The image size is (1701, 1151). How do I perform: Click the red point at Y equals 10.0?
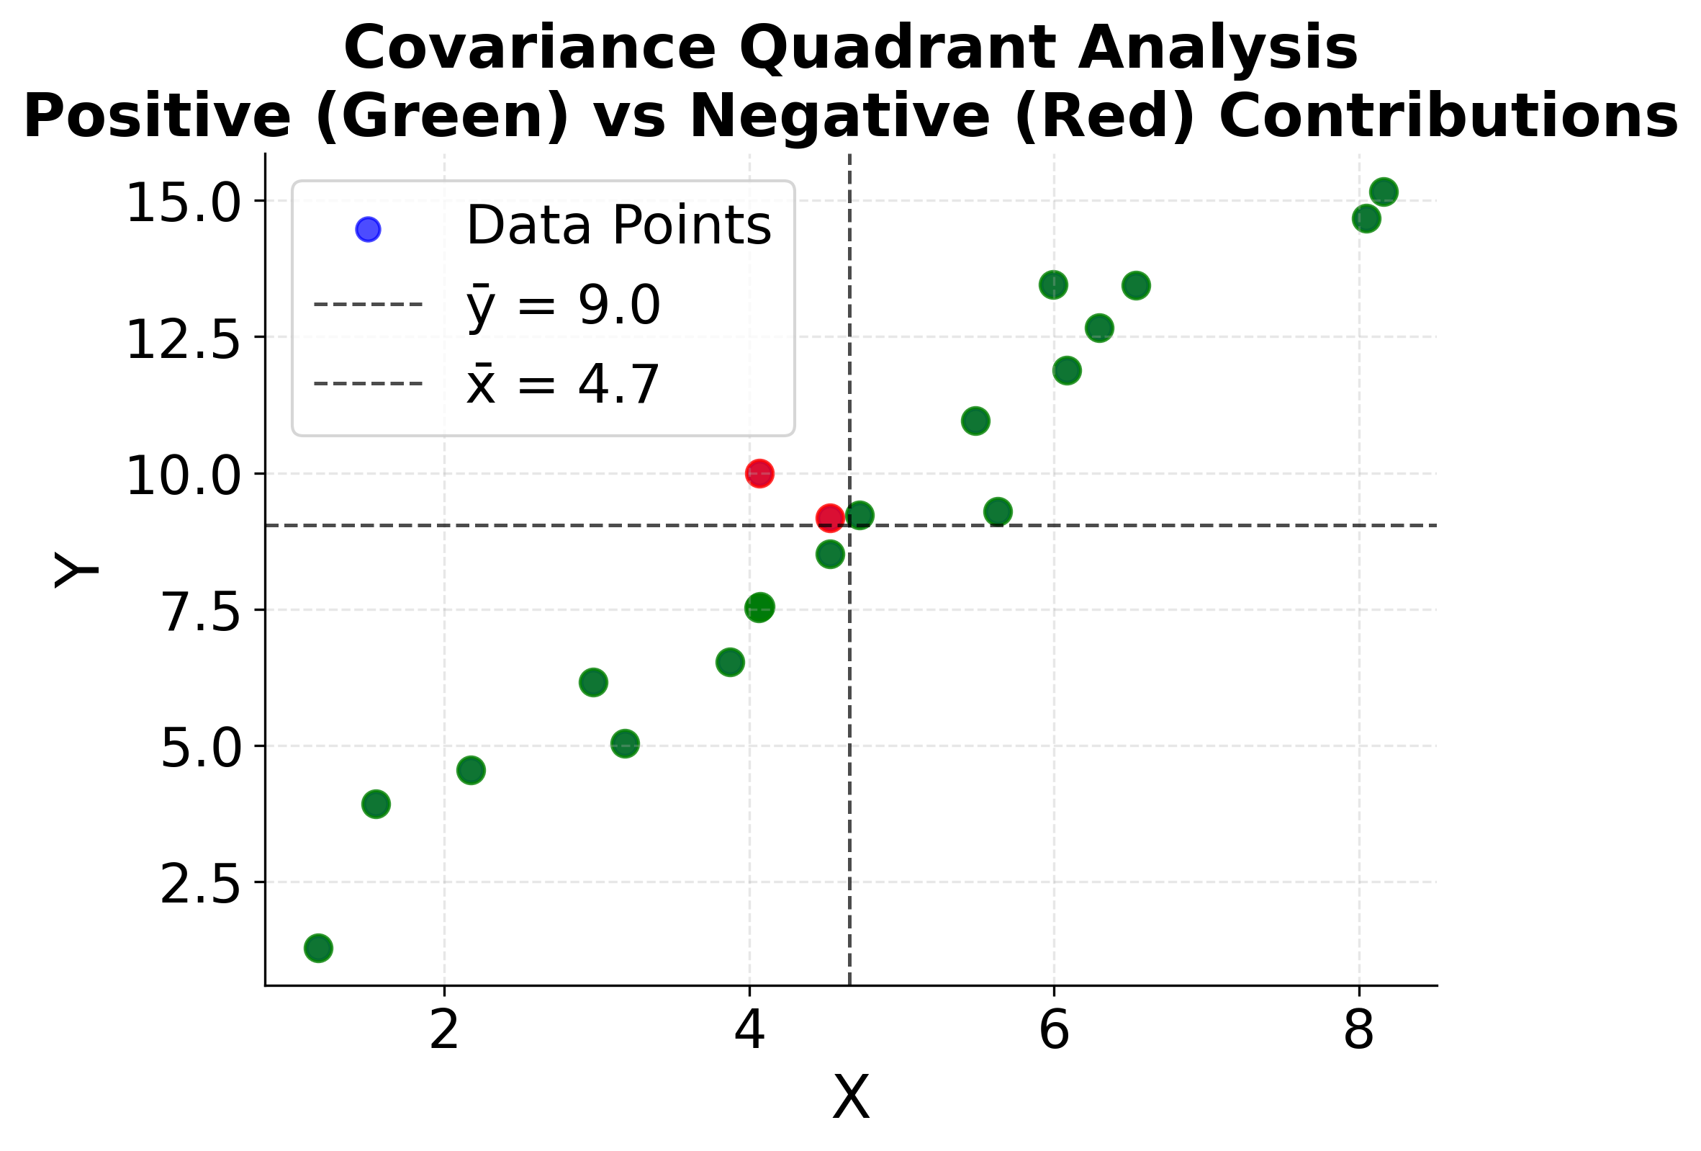759,473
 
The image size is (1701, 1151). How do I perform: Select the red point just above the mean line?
829,519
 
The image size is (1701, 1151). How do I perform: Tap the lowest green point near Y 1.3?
317,948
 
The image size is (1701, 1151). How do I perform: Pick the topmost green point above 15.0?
1384,192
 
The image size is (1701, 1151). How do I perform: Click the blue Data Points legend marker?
367,229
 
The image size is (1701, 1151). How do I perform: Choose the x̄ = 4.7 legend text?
564,385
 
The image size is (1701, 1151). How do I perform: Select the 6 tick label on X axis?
1054,1031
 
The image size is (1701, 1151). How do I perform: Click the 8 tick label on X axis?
1358,1031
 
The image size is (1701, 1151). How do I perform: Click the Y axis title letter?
76,570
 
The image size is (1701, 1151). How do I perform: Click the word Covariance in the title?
529,48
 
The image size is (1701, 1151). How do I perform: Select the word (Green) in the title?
442,117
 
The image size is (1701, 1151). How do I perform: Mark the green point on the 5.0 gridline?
624,744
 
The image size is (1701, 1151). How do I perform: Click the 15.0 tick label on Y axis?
183,204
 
